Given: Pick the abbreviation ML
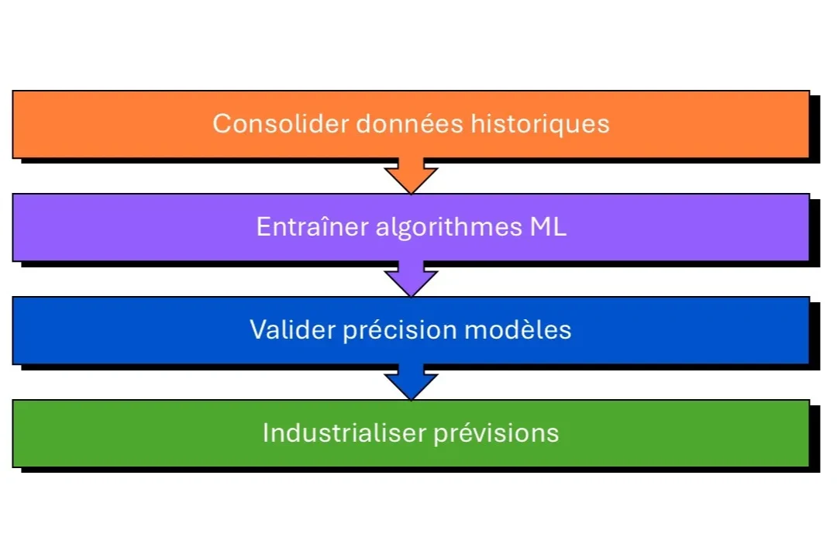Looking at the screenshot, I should tap(548, 227).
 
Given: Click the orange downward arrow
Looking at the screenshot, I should tap(411, 175).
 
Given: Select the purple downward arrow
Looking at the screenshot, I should tap(411, 278).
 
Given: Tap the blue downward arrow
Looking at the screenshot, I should tap(411, 381).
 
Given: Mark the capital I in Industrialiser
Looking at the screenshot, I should tap(266, 432).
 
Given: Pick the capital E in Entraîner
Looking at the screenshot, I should tap(263, 227).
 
